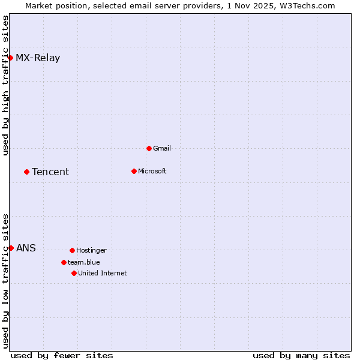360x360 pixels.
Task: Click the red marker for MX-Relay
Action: [11, 58]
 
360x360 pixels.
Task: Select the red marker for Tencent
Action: [26, 172]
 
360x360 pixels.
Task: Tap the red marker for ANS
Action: [11, 248]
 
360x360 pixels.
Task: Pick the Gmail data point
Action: [149, 148]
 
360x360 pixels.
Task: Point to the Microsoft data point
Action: [134, 171]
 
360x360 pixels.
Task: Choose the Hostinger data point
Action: [72, 250]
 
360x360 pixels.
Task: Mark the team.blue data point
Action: [64, 262]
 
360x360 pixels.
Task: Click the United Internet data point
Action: [74, 273]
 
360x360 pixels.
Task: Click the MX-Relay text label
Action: [38, 58]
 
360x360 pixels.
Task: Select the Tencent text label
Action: [50, 172]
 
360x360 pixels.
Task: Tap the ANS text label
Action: [26, 248]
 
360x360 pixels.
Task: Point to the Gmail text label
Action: [162, 148]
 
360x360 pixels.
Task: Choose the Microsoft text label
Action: [152, 171]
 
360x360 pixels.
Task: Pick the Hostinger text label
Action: [91, 250]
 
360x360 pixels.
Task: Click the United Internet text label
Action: [102, 273]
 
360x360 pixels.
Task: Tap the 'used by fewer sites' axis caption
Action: [62, 355]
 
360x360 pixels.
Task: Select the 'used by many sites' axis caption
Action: [301, 355]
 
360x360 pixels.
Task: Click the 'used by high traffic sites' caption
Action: [5, 85]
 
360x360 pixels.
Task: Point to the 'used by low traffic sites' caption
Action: [5, 281]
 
